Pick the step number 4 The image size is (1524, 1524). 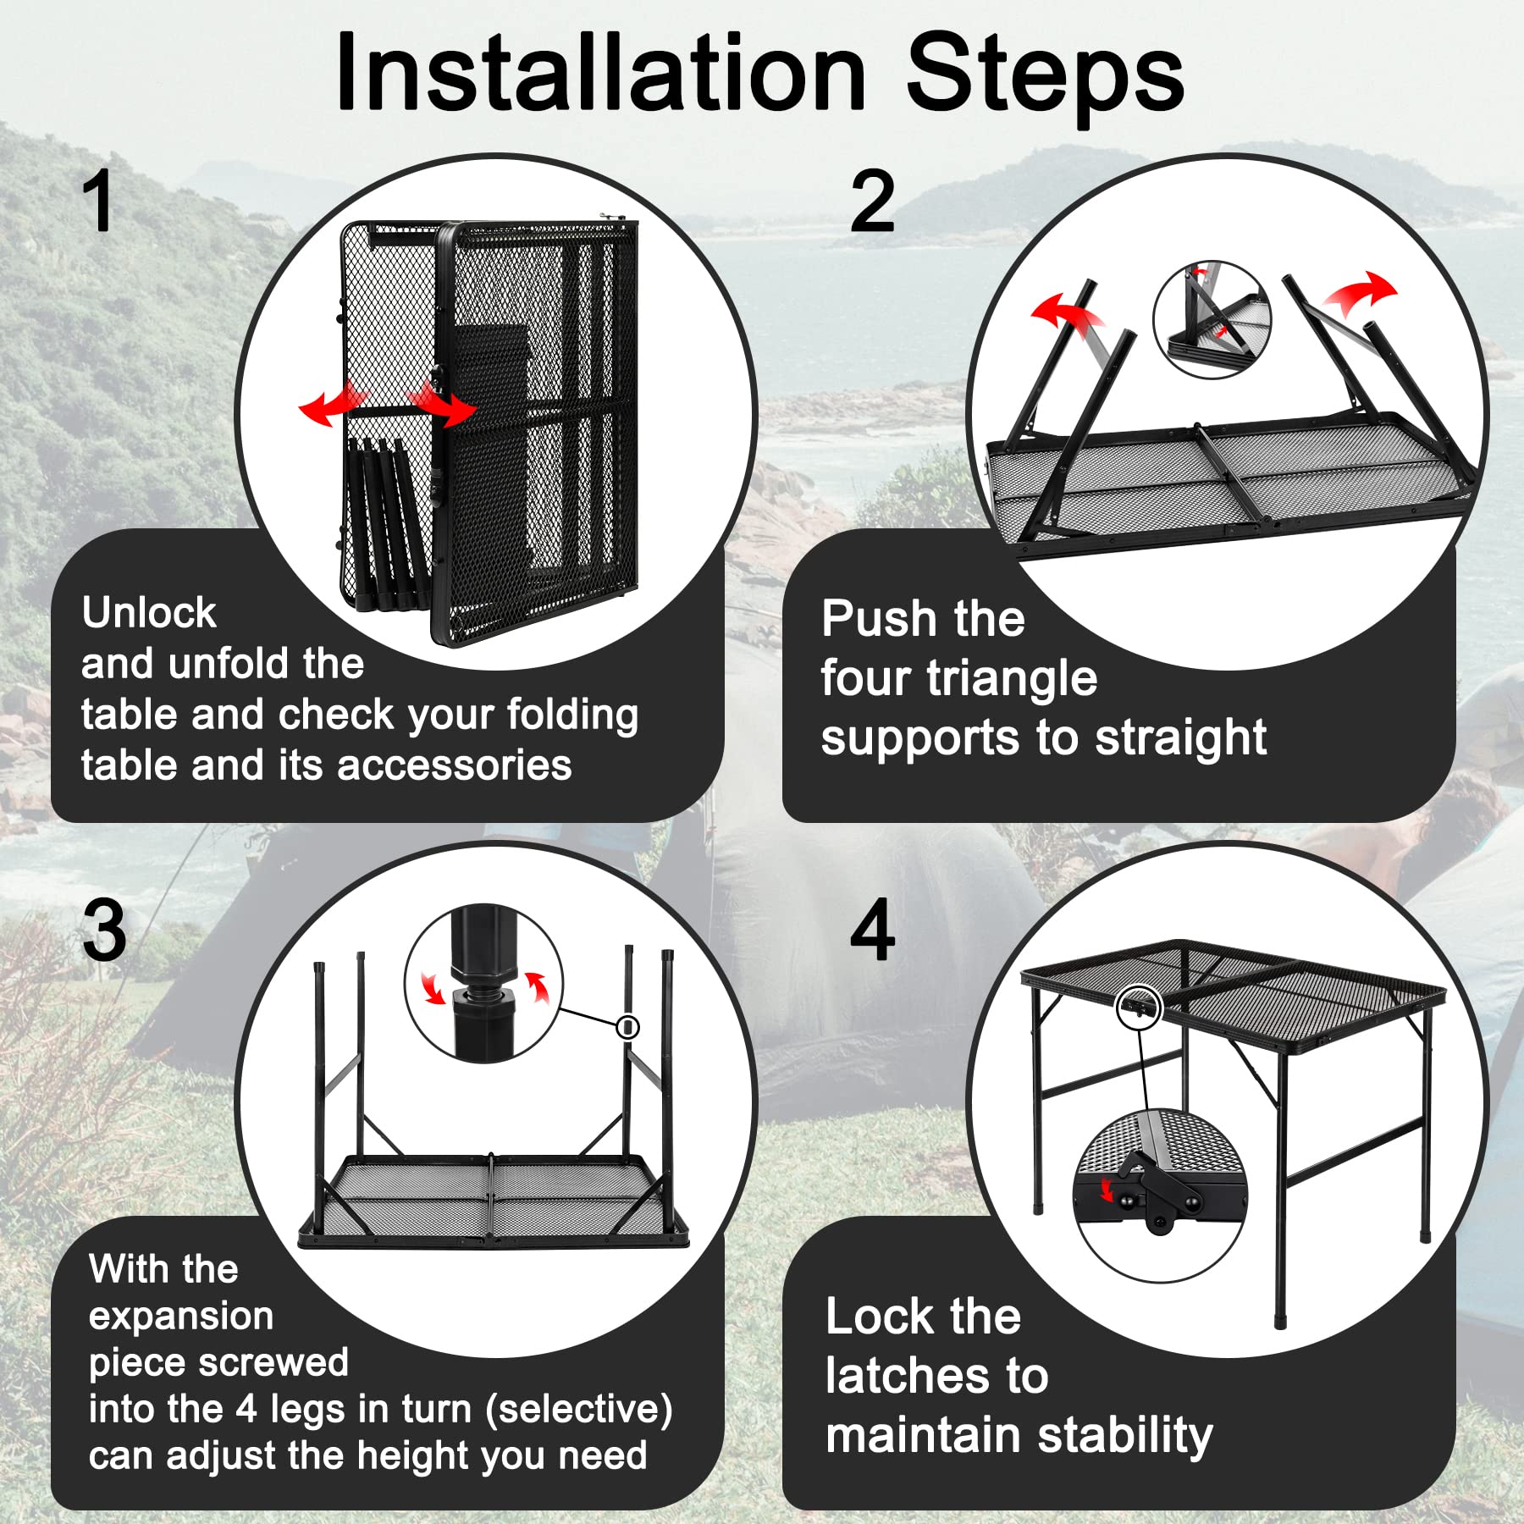click(872, 930)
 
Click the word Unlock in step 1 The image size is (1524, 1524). click(149, 612)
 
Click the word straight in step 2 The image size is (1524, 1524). click(1181, 738)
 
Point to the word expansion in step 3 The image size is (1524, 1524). click(181, 1317)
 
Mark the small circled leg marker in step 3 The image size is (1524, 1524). click(627, 1027)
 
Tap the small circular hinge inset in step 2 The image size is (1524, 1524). click(1212, 319)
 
